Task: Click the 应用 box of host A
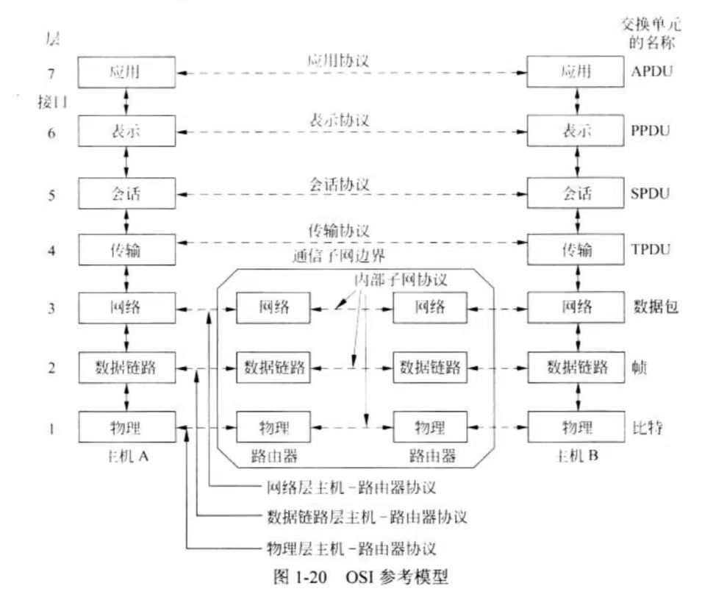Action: pos(128,73)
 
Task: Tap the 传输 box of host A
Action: pos(128,251)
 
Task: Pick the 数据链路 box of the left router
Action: pos(272,365)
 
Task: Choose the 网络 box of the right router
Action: pos(429,308)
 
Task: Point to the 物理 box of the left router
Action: pos(272,426)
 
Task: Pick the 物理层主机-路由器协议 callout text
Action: pos(351,548)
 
